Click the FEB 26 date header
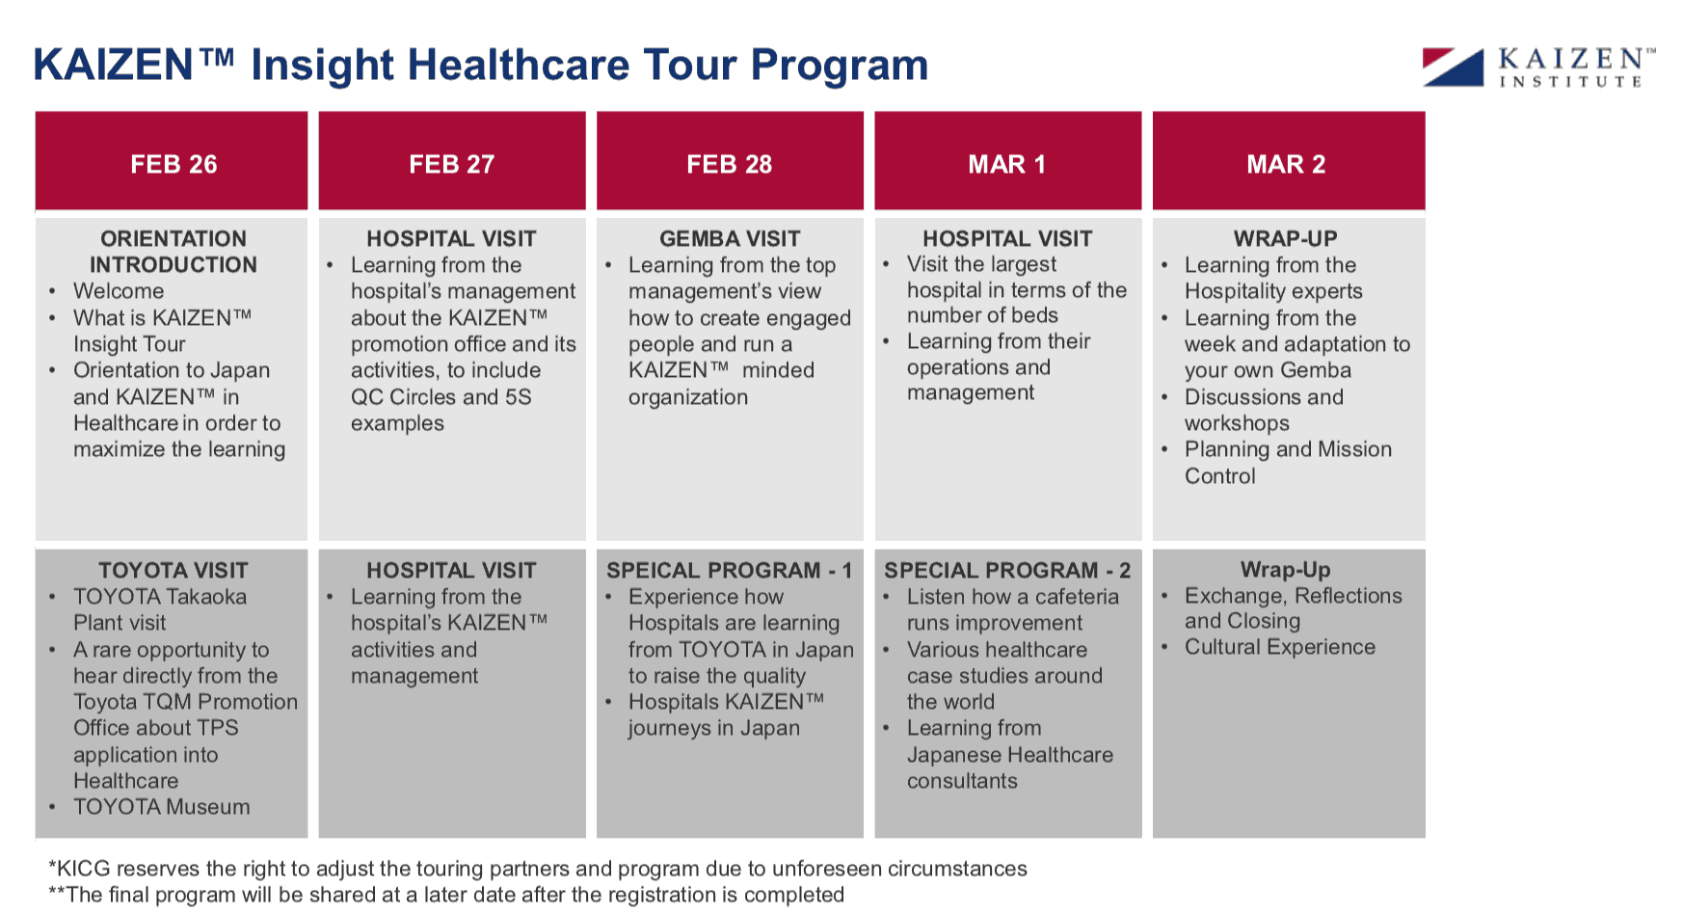point(174,164)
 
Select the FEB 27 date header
point(451,164)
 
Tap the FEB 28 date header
point(729,164)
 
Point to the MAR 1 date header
point(1007,164)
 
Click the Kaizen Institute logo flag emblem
point(1453,67)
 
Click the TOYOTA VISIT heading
point(174,570)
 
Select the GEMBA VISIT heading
point(730,238)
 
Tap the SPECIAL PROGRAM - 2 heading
point(1007,570)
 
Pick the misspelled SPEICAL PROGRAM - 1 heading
point(730,570)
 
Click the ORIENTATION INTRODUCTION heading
point(174,252)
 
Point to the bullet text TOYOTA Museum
point(162,807)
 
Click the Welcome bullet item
point(119,291)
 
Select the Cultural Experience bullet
point(1280,647)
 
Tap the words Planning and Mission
point(1288,449)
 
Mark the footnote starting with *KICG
point(538,869)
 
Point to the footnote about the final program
point(446,895)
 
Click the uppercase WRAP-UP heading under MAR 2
point(1286,238)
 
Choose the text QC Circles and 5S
point(441,397)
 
